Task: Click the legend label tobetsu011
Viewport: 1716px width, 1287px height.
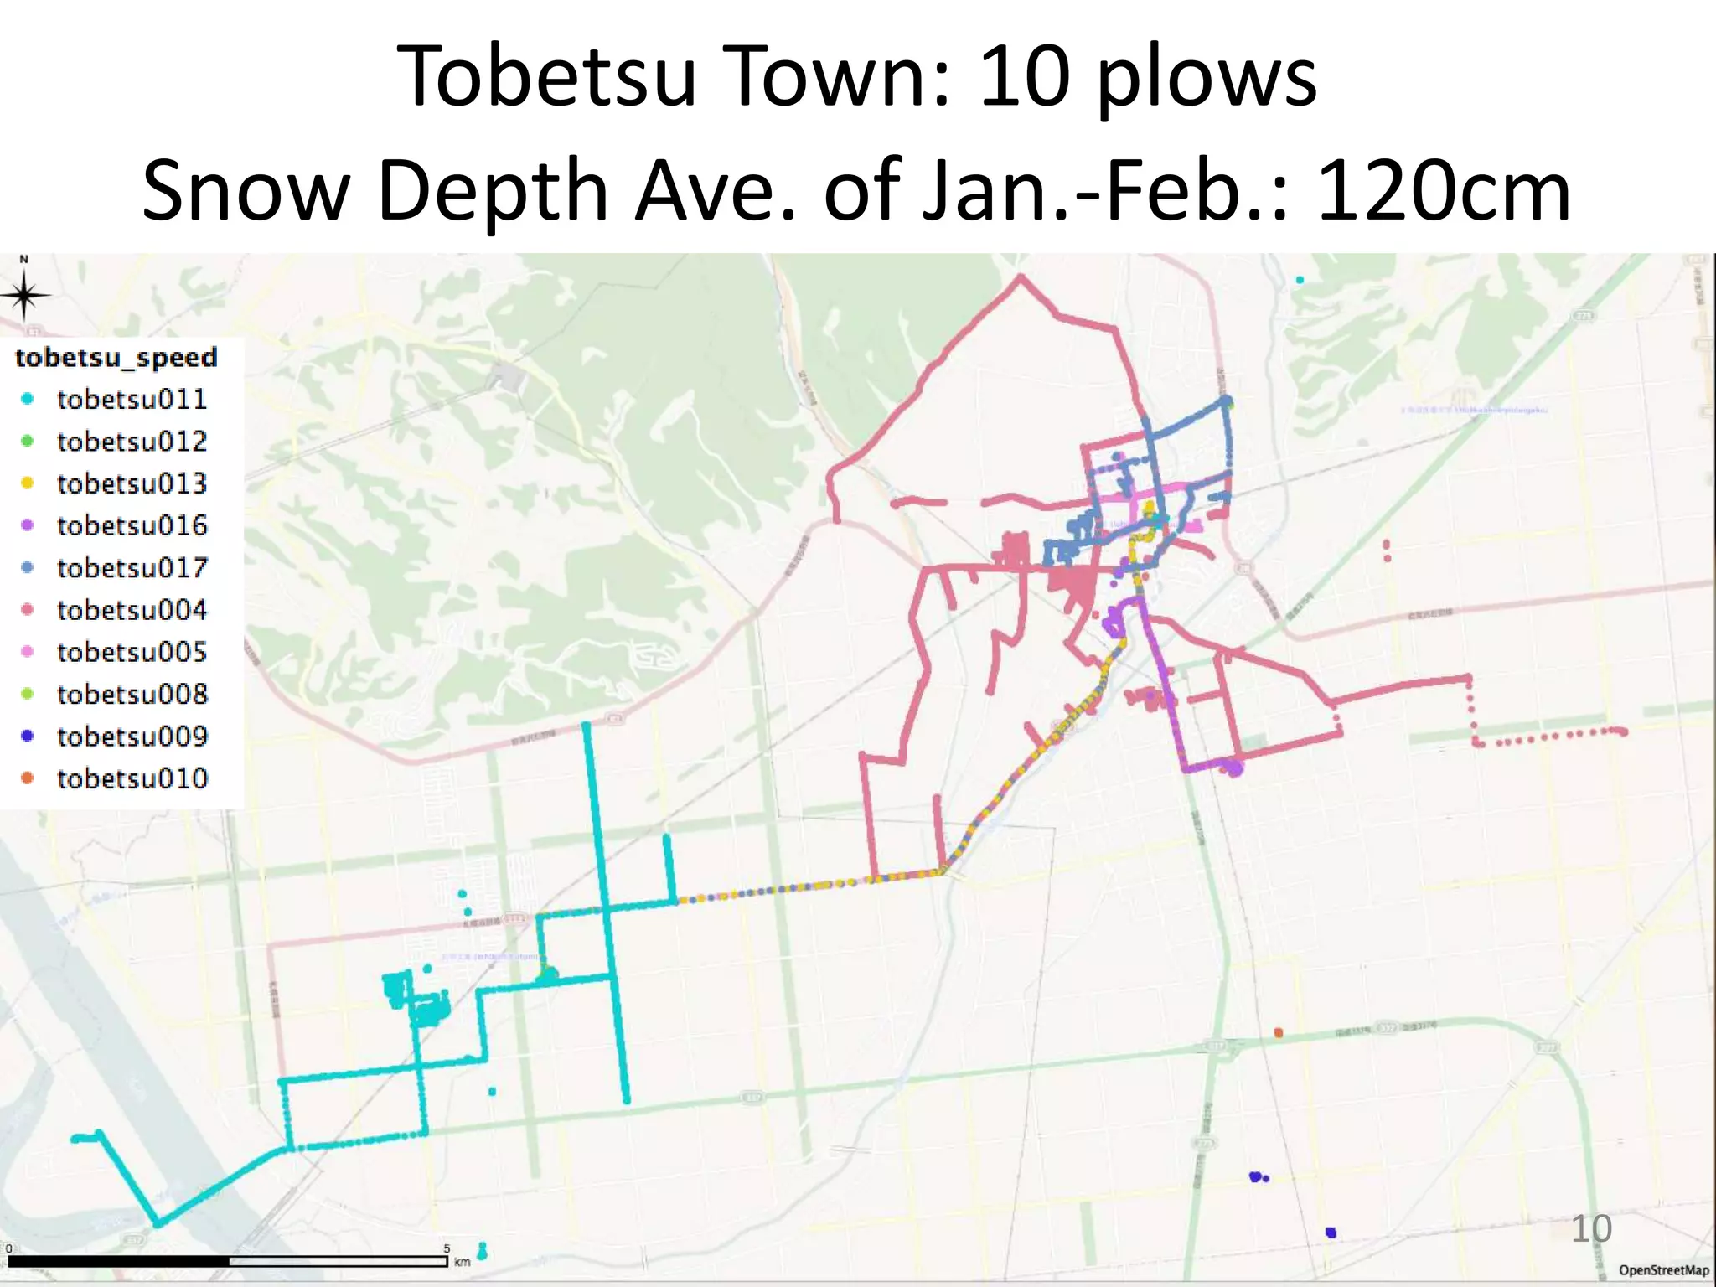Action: pos(132,400)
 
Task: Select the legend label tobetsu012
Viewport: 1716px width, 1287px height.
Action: pos(132,442)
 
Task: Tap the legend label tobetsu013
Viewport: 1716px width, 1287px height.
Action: pos(132,483)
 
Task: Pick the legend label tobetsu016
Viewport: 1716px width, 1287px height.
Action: pos(132,526)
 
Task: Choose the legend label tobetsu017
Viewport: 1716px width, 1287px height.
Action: pos(132,568)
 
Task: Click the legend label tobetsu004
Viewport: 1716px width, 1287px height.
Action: pos(132,610)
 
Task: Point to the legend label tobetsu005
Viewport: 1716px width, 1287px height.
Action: pos(132,652)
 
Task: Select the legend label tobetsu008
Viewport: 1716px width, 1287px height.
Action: pos(132,695)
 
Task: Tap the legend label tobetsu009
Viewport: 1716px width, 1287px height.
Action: pos(132,737)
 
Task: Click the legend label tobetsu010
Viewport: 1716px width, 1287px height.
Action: pos(132,778)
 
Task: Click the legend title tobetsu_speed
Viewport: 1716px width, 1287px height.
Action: pos(116,358)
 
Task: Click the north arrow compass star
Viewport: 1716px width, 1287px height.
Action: pos(24,294)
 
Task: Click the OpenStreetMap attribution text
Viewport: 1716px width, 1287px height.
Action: pos(1663,1270)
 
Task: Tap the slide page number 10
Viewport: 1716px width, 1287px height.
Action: pos(1591,1229)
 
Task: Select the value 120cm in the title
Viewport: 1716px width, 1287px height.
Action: pos(1444,191)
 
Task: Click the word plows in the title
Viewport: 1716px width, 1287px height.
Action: pos(1207,78)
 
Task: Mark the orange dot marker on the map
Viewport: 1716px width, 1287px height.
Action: pos(1279,1032)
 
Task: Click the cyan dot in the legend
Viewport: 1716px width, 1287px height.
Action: pos(28,400)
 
